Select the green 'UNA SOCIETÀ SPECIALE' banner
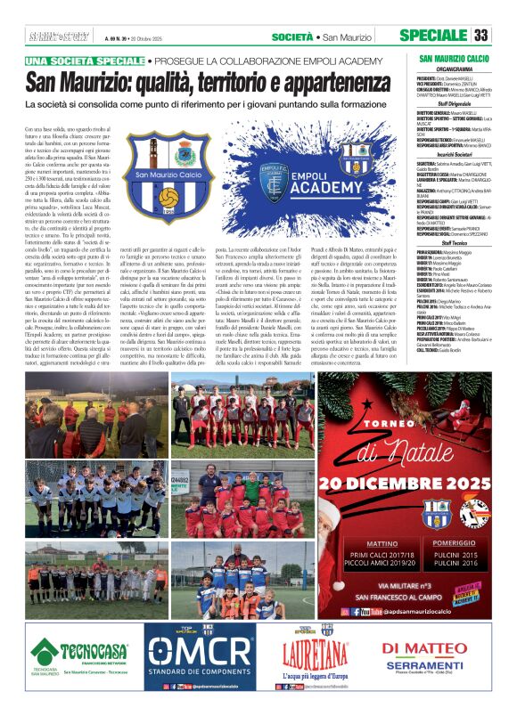point(85,60)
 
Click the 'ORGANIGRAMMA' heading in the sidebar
point(455,69)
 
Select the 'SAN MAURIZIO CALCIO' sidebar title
point(455,58)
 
